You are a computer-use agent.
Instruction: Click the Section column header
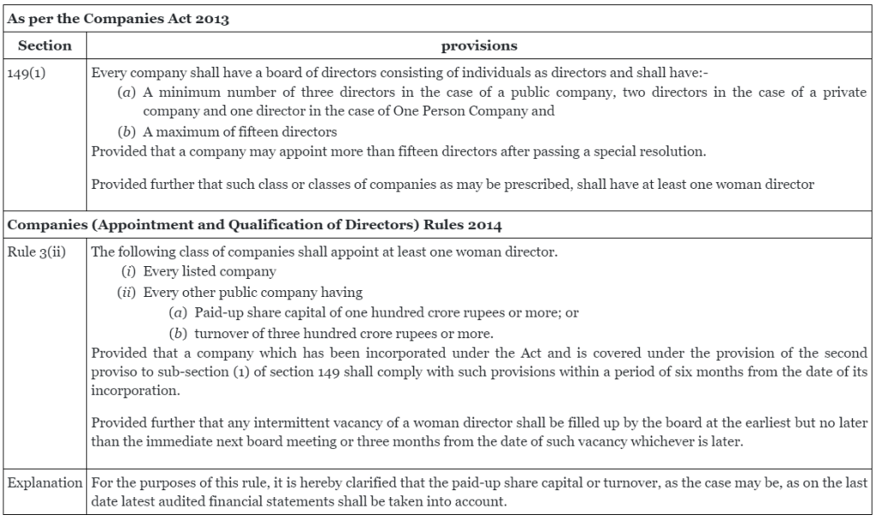point(44,45)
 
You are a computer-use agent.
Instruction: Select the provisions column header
point(479,45)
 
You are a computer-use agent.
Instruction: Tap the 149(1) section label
point(27,73)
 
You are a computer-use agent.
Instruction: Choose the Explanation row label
point(44,483)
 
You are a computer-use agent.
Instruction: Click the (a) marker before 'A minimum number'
point(126,92)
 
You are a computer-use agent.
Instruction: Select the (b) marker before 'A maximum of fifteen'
point(126,132)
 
